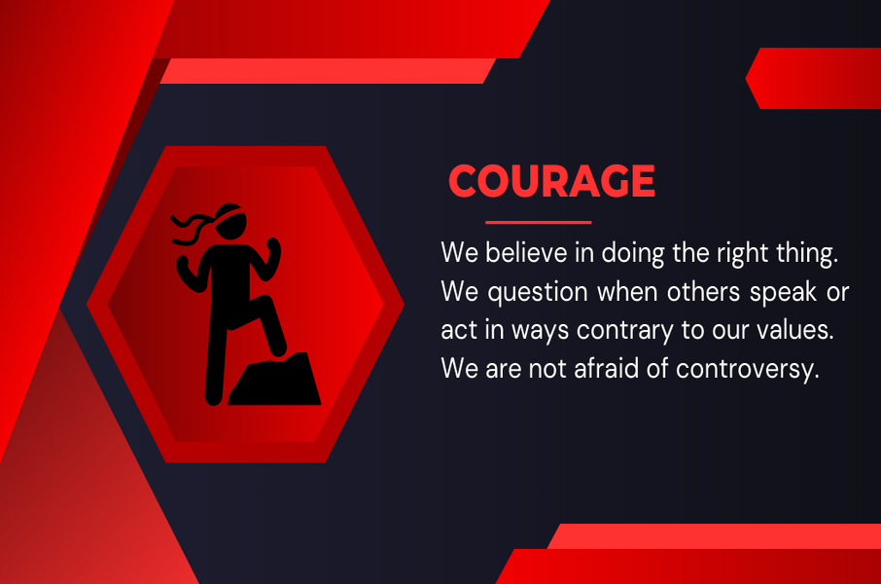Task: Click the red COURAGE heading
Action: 551,181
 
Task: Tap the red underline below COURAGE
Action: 539,222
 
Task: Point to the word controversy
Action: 747,370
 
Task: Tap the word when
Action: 627,291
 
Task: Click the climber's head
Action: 230,222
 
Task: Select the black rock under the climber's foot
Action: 275,380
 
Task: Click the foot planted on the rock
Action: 279,348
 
